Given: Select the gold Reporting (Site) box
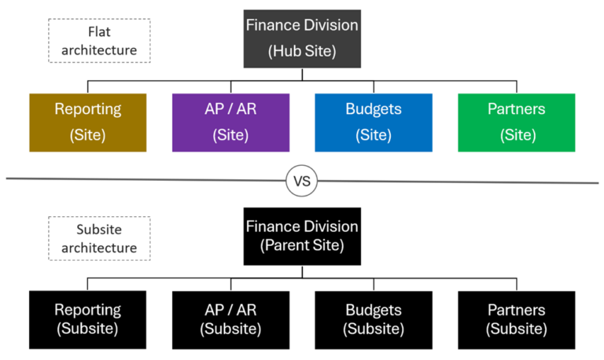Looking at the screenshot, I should pos(87,122).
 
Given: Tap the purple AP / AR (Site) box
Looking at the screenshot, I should pos(230,122).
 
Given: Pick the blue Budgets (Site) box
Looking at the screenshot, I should pos(373,122).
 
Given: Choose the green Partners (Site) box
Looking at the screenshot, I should pos(516,122).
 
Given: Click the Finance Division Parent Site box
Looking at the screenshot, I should pos(302,236).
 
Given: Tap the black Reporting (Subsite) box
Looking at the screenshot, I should pos(87,318).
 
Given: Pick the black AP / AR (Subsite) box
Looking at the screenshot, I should pos(230,318).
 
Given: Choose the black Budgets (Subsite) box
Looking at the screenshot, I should pos(373,318).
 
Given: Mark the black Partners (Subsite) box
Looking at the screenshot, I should pos(516,318).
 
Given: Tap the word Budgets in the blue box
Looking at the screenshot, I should pos(373,109).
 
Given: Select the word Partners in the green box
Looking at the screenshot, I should pos(517,109).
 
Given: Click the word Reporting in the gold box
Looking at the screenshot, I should pos(87,109).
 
